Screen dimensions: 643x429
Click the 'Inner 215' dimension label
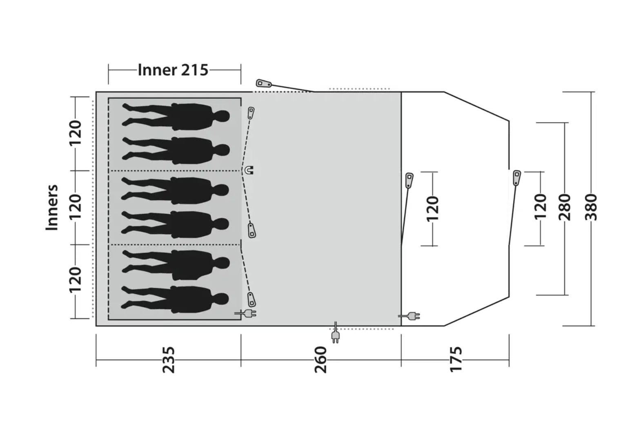pyautogui.click(x=173, y=70)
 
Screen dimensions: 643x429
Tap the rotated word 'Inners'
pyautogui.click(x=52, y=208)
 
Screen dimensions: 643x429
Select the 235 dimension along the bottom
pyautogui.click(x=169, y=360)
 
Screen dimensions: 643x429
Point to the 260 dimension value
pyautogui.click(x=321, y=360)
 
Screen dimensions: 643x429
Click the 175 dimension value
pyautogui.click(x=456, y=360)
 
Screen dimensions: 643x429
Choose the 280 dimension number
pyautogui.click(x=565, y=208)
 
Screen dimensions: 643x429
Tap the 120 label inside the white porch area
pyautogui.click(x=432, y=209)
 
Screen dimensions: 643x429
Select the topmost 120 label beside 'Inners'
pyautogui.click(x=75, y=133)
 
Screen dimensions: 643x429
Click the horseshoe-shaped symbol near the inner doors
pyautogui.click(x=249, y=170)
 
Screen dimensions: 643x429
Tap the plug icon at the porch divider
pyautogui.click(x=409, y=316)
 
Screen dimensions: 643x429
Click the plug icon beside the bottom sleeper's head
pyautogui.click(x=245, y=313)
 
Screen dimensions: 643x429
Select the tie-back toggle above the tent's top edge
pyautogui.click(x=264, y=84)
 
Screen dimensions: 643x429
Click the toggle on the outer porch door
pyautogui.click(x=517, y=178)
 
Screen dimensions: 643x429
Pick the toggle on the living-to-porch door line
pyautogui.click(x=409, y=180)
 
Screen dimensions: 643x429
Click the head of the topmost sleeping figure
pyautogui.click(x=222, y=116)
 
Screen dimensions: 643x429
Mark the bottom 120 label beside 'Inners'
pyautogui.click(x=75, y=280)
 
